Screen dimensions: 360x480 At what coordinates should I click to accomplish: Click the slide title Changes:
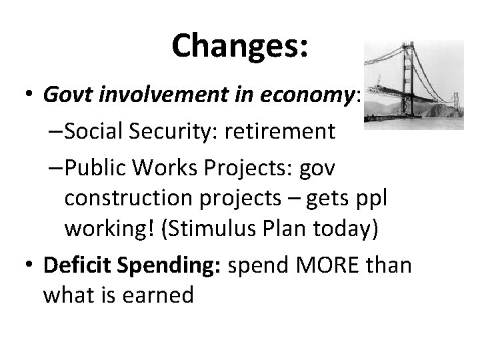point(239,46)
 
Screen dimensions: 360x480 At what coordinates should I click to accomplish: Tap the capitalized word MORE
point(329,265)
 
